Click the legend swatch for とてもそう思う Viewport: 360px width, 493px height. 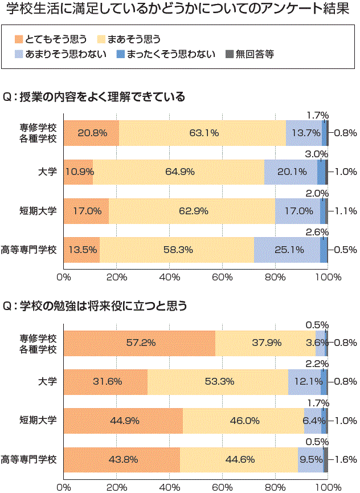tap(19, 39)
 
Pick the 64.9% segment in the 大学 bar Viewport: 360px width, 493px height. tap(178, 172)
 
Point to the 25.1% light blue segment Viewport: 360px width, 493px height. tap(287, 249)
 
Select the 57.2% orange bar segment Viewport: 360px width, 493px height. tap(139, 343)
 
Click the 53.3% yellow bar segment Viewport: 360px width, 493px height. tap(218, 381)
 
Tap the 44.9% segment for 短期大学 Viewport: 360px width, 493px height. tap(123, 421)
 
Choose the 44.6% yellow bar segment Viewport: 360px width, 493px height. tap(239, 459)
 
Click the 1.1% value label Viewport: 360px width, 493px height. tap(346, 210)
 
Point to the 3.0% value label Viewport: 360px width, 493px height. tap(316, 154)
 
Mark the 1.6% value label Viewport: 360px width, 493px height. tap(346, 459)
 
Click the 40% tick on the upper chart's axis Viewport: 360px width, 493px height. tap(169, 277)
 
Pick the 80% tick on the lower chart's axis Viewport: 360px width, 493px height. tap(275, 487)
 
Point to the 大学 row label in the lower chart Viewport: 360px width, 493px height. tap(47, 381)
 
